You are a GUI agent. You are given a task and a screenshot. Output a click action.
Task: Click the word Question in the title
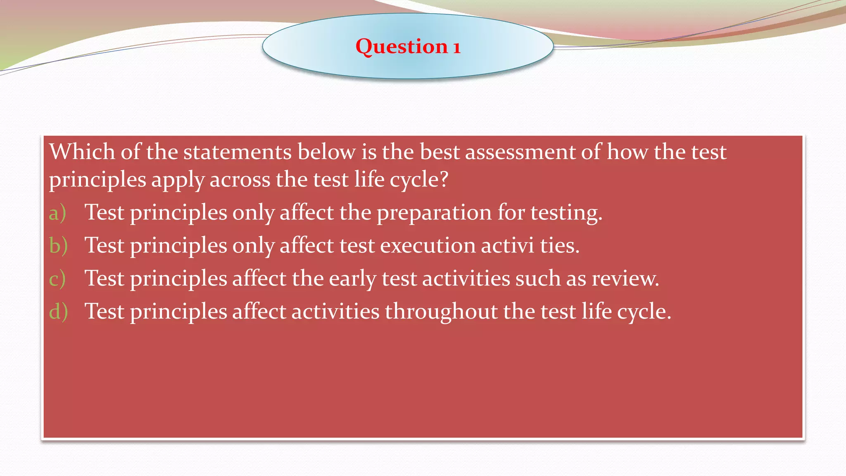point(402,46)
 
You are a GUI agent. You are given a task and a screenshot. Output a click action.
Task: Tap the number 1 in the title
point(456,48)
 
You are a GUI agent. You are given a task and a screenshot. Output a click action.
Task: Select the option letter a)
point(57,213)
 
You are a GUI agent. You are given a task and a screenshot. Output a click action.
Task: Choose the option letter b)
point(58,245)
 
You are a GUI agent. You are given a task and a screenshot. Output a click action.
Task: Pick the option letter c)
point(57,278)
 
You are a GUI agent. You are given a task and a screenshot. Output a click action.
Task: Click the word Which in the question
point(82,152)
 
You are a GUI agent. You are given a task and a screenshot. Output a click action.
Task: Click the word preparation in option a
point(434,213)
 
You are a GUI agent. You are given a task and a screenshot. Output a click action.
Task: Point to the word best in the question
point(440,152)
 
